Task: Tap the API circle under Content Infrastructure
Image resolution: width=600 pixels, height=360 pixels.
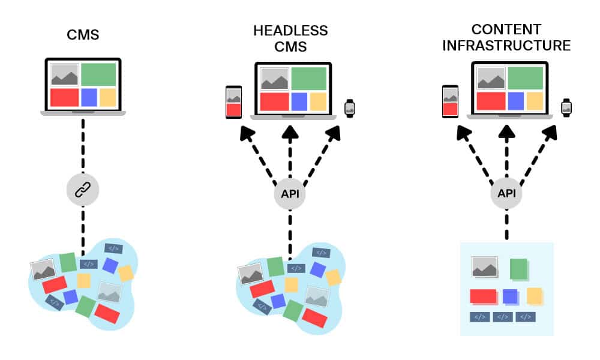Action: pyautogui.click(x=506, y=194)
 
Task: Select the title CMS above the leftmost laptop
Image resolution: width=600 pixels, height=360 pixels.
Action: pyautogui.click(x=83, y=35)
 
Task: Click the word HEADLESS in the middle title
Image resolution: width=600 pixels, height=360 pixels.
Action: pyautogui.click(x=290, y=31)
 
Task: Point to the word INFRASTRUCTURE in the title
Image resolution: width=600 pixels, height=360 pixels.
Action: pyautogui.click(x=506, y=46)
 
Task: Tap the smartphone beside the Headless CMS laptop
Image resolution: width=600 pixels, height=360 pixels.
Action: pyautogui.click(x=233, y=102)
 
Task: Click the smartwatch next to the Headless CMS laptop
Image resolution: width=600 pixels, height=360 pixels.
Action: pyautogui.click(x=349, y=108)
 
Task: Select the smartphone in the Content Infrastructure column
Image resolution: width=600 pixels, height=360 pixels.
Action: pyautogui.click(x=450, y=101)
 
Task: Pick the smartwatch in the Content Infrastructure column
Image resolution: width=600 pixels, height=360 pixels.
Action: pyautogui.click(x=566, y=107)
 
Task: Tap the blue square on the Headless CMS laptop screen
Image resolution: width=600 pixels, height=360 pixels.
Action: pyautogui.click(x=299, y=101)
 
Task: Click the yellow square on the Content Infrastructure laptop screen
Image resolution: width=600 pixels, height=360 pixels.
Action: pyautogui.click(x=534, y=101)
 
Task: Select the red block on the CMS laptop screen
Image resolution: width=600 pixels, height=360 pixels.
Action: pyautogui.click(x=64, y=97)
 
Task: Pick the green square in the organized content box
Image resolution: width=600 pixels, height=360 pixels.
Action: pyautogui.click(x=518, y=269)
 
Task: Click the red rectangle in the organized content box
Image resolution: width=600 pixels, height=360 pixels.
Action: pyautogui.click(x=483, y=296)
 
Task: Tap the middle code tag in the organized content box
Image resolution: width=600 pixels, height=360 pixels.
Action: pyautogui.click(x=503, y=317)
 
